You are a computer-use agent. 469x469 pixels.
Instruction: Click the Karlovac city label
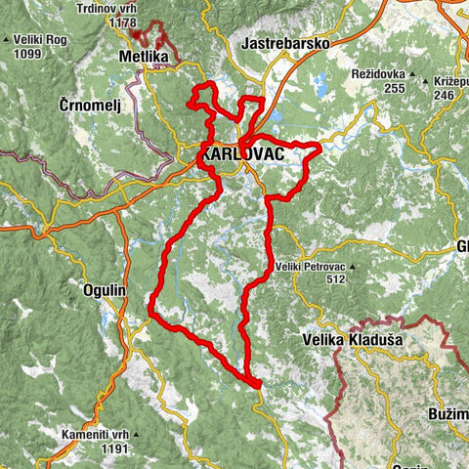[234, 154]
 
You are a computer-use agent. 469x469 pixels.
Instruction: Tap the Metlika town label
[143, 58]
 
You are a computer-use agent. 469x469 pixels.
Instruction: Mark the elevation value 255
[394, 88]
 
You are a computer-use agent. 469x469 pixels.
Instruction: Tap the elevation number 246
[445, 96]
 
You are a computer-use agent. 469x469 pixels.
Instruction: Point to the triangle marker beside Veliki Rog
[7, 40]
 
